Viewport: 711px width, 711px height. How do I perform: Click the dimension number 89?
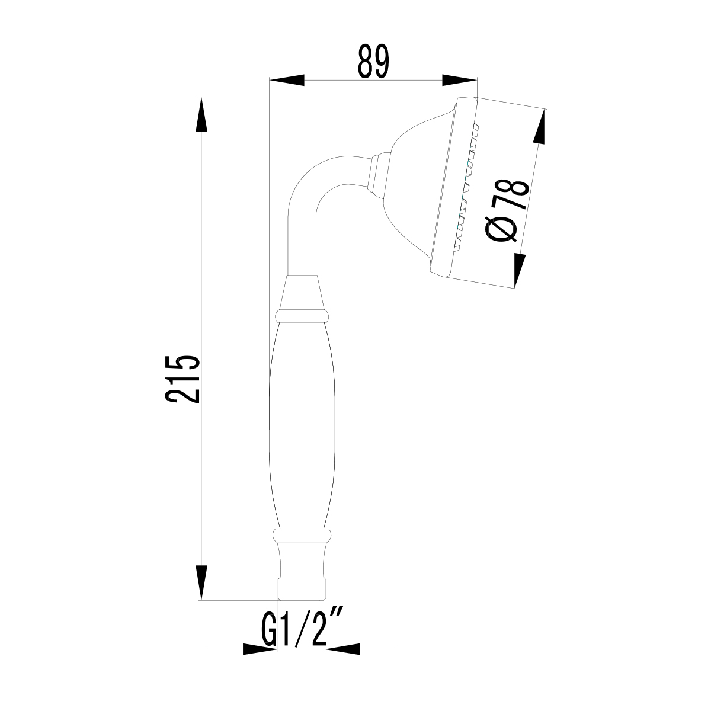pyautogui.click(x=373, y=61)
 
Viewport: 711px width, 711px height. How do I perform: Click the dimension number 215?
pyautogui.click(x=182, y=379)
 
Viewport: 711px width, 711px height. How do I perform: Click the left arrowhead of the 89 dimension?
pyautogui.click(x=287, y=80)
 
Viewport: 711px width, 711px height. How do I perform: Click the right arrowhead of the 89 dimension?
pyautogui.click(x=459, y=80)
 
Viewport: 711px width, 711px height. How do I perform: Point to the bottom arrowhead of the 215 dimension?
pyautogui.click(x=201, y=582)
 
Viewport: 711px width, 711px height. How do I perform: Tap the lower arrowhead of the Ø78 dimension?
pyautogui.click(x=519, y=270)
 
